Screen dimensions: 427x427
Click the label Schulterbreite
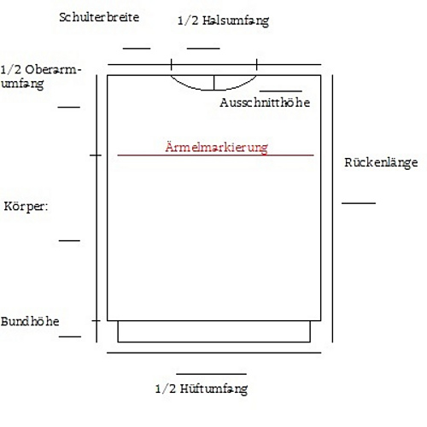point(99,17)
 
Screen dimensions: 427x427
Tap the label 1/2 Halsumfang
point(223,21)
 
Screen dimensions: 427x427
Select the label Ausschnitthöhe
point(265,102)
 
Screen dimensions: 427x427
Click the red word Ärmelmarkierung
point(216,148)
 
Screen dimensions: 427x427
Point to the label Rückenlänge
point(381,162)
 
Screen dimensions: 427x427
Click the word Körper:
point(26,207)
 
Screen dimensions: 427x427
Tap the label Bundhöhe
point(30,321)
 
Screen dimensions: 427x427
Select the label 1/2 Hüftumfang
point(202,389)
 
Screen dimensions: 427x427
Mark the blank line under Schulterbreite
point(137,49)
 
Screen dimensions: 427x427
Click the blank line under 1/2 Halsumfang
point(203,49)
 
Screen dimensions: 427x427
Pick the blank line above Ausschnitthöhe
point(281,91)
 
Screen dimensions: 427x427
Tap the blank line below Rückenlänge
point(359,203)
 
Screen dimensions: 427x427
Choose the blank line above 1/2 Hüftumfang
point(211,374)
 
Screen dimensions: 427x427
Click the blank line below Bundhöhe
point(70,336)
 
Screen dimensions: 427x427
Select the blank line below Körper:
point(69,241)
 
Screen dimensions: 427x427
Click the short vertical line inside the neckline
point(213,83)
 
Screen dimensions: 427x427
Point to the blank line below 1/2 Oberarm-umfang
point(69,108)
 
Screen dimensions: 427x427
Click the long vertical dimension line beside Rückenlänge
point(332,208)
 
